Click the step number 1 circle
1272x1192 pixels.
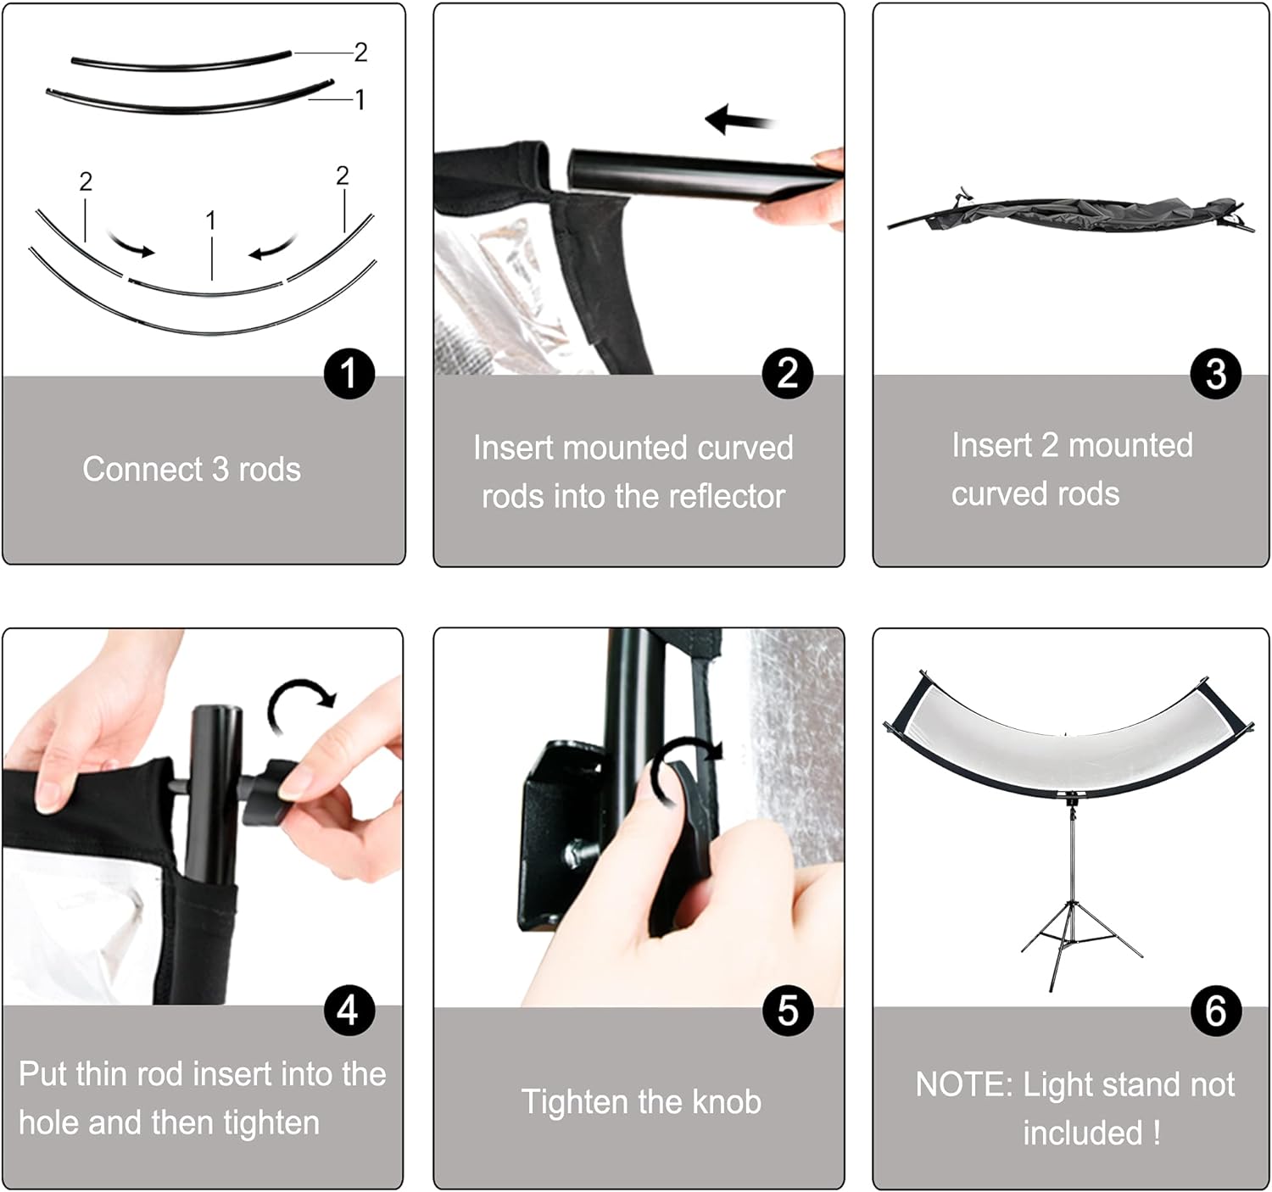(349, 374)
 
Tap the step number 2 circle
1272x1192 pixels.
(787, 373)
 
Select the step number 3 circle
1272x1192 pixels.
(1216, 373)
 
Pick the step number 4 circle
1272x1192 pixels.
(349, 1010)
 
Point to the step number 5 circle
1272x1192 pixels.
(787, 1011)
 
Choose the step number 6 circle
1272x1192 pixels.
(1216, 1011)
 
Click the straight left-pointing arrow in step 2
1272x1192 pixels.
(739, 120)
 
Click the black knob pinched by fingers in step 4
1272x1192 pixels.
(269, 793)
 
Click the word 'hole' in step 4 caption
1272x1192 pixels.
(48, 1122)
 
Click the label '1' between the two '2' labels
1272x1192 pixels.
(210, 221)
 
